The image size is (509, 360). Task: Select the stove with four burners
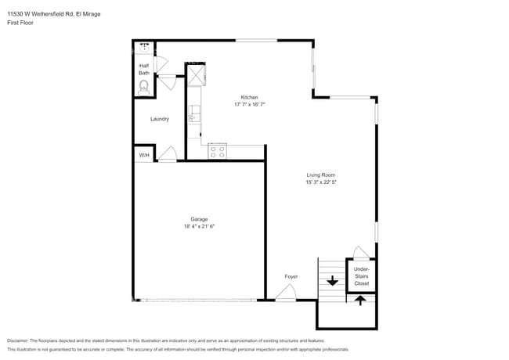pyautogui.click(x=217, y=150)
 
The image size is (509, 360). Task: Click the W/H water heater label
pyautogui.click(x=144, y=156)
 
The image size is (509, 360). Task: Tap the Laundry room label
pyautogui.click(x=160, y=119)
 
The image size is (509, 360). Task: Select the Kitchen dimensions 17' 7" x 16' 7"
pyautogui.click(x=249, y=104)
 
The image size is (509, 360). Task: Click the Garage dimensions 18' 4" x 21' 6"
pyautogui.click(x=199, y=226)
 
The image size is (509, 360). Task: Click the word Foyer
pyautogui.click(x=291, y=276)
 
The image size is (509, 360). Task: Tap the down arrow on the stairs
pyautogui.click(x=332, y=280)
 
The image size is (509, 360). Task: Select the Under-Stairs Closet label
pyautogui.click(x=361, y=276)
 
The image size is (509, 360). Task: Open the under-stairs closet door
pyautogui.click(x=359, y=252)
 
